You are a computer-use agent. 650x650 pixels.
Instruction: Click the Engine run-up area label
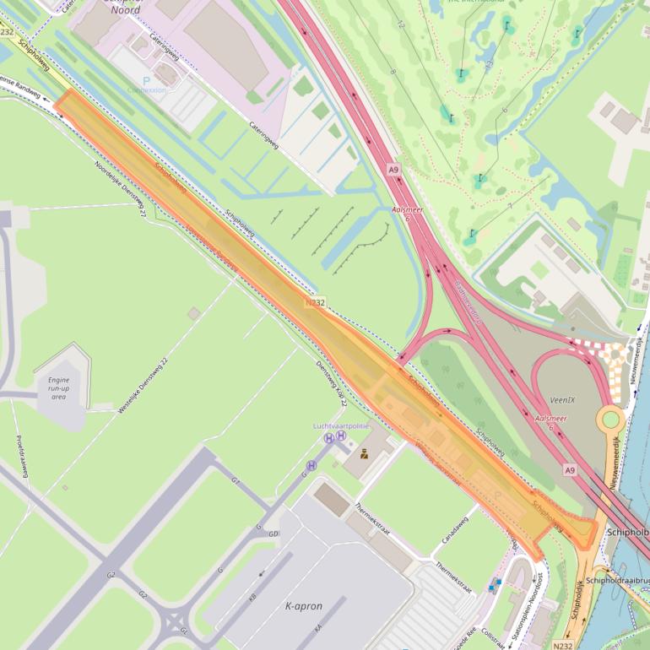(58, 388)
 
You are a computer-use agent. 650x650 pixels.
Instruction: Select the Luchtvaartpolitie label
(342, 426)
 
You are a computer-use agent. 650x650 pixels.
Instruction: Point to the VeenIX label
(561, 398)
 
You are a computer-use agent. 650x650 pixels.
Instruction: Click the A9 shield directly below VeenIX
(571, 469)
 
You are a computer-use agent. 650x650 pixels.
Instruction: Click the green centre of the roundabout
(610, 419)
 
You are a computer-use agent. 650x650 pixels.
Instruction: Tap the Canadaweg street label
(453, 529)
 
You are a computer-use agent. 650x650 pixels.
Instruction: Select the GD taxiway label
(274, 534)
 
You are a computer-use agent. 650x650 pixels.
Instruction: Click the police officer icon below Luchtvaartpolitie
(364, 453)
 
